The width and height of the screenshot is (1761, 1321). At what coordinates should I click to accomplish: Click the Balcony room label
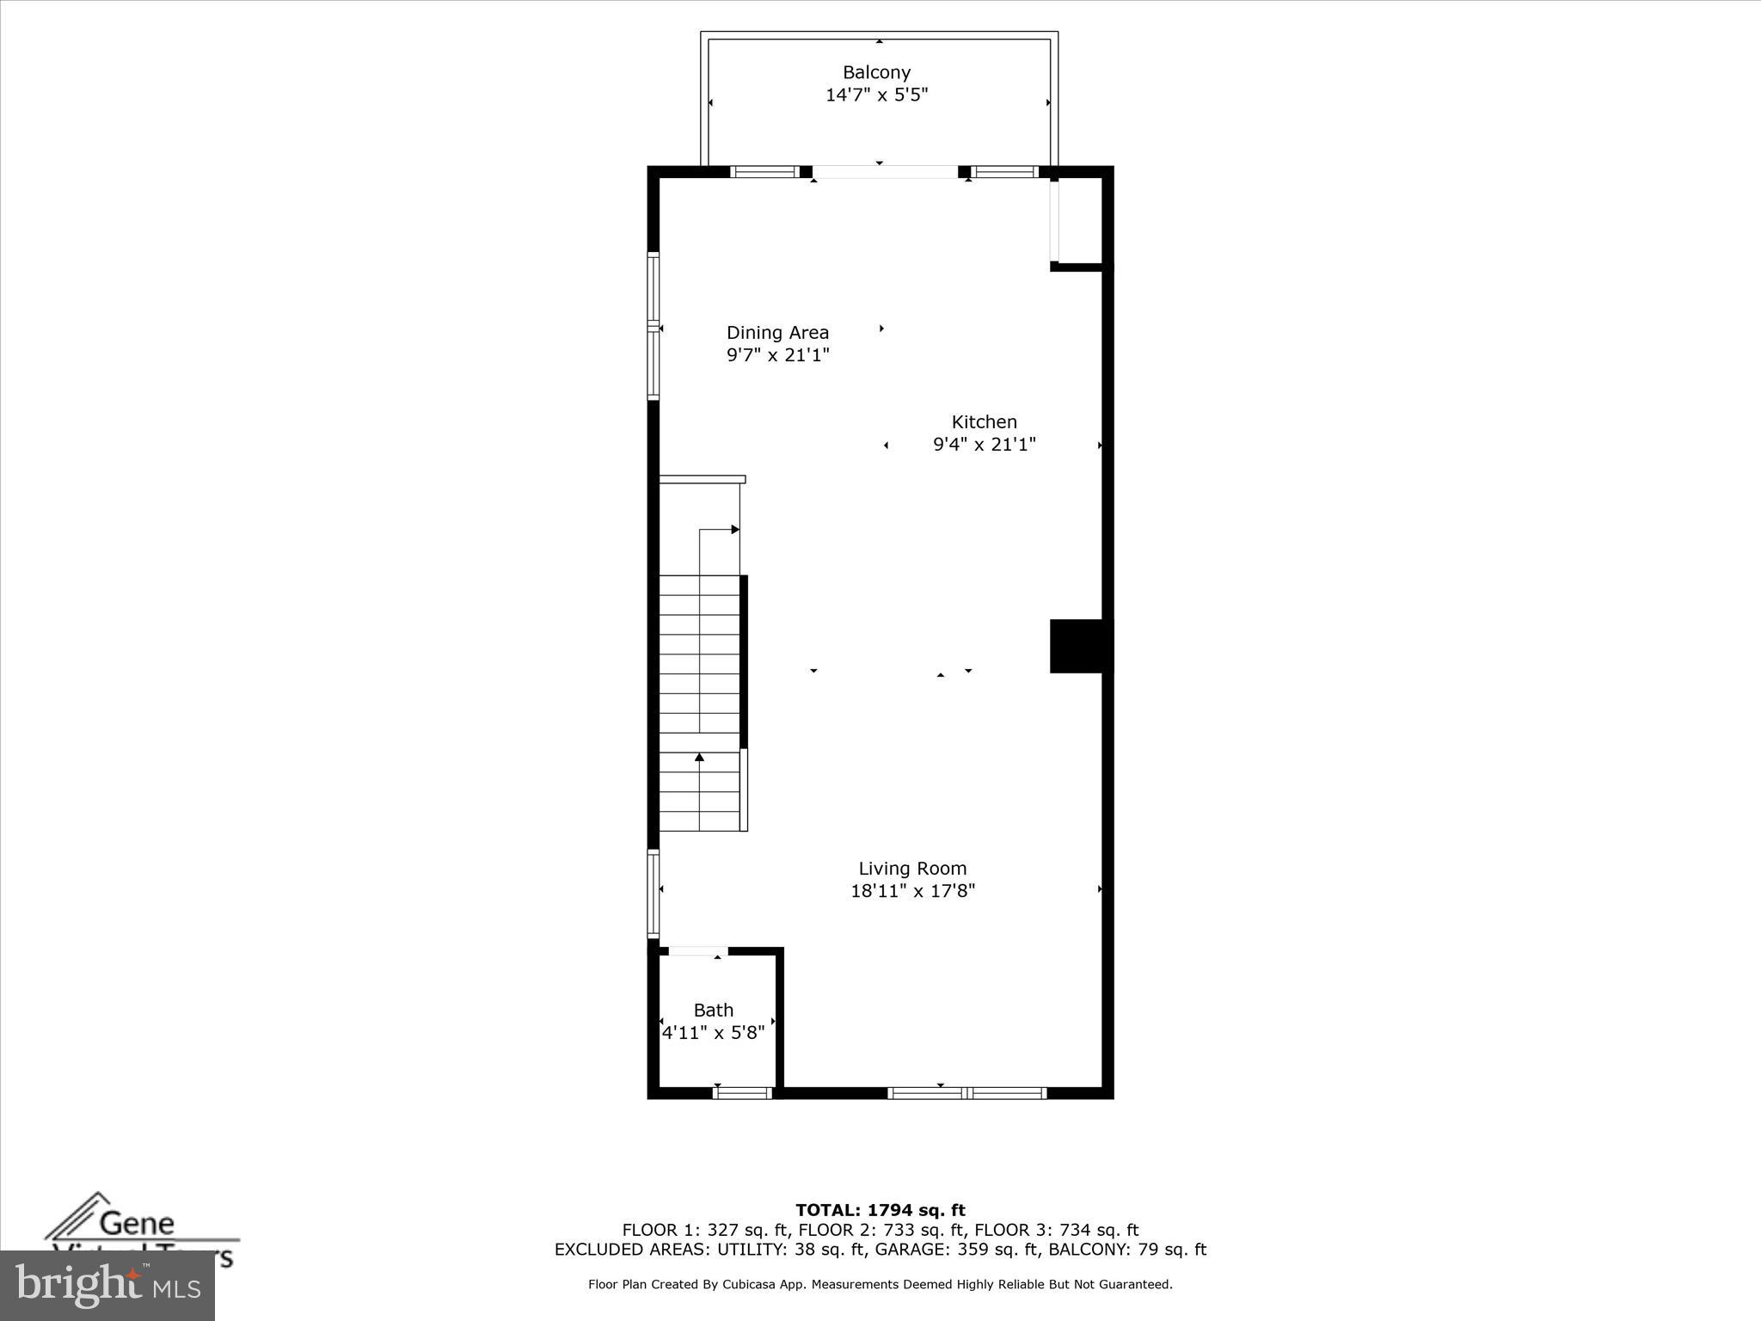click(876, 73)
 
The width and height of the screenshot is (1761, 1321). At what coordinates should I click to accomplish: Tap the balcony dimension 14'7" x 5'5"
click(876, 95)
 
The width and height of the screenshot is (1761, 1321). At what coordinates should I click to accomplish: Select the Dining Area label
click(777, 333)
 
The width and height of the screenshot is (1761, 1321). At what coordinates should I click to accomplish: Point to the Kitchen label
click(984, 422)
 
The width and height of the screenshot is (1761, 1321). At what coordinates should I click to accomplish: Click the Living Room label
click(912, 869)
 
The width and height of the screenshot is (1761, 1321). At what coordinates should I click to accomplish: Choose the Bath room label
click(714, 1011)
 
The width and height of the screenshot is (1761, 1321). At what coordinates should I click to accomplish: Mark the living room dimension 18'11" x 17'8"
click(912, 891)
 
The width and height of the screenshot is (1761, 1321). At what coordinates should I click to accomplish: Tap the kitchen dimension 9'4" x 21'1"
click(984, 445)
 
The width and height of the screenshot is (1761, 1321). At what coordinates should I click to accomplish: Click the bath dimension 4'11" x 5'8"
click(714, 1033)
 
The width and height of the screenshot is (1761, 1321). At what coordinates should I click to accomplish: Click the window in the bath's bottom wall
click(743, 1093)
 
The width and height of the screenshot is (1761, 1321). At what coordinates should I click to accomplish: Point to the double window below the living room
click(966, 1093)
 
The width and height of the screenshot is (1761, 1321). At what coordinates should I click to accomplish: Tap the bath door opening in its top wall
click(697, 951)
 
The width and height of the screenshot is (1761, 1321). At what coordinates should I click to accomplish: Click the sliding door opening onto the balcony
click(886, 172)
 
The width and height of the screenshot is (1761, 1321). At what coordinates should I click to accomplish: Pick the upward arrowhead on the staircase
click(699, 757)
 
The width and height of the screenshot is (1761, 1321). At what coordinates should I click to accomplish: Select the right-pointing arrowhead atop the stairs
click(735, 529)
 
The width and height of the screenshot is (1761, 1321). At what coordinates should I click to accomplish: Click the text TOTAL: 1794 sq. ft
click(880, 1211)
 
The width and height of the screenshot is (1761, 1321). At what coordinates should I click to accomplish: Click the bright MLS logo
click(107, 1286)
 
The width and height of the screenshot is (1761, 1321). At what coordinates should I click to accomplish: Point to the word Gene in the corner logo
click(137, 1223)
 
